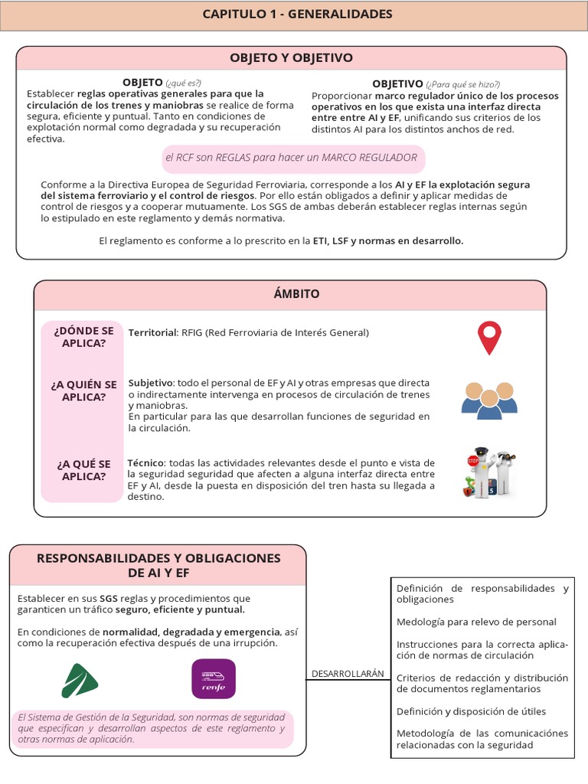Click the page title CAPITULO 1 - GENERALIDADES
(x=297, y=15)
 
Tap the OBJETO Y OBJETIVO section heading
(x=291, y=58)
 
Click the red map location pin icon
(x=488, y=338)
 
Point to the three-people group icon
(x=489, y=399)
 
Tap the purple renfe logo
(x=213, y=678)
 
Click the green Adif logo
(x=80, y=680)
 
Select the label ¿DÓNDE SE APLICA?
(x=83, y=337)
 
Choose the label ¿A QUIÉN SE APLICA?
(x=83, y=390)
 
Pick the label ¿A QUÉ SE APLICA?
(x=83, y=470)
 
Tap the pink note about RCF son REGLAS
(x=291, y=158)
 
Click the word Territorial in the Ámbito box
(x=152, y=333)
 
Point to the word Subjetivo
(x=150, y=382)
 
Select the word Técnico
(x=145, y=463)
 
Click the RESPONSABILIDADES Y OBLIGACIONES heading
(x=158, y=565)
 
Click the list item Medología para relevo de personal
(x=476, y=622)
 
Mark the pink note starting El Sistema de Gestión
(x=151, y=728)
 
